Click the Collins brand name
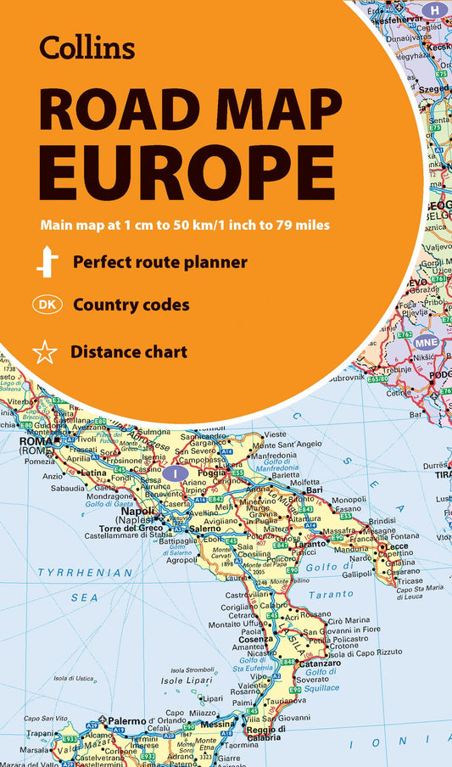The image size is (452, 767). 86,48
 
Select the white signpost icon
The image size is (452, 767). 47,262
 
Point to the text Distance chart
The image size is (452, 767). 129,350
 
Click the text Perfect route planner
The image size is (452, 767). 159,262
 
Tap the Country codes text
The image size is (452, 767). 131,305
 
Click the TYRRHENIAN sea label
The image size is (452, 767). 86,573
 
